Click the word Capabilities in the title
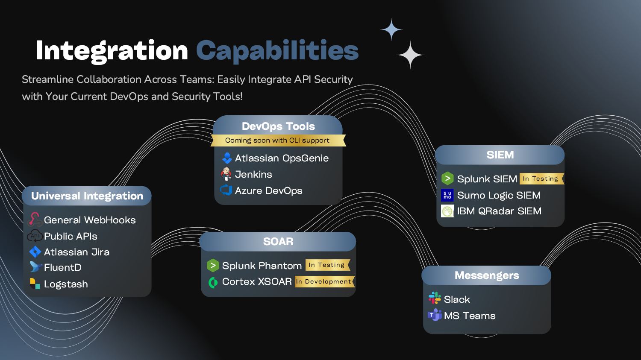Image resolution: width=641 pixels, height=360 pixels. (277, 51)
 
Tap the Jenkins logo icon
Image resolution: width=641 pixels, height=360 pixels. (226, 174)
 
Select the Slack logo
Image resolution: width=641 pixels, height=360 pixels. (435, 298)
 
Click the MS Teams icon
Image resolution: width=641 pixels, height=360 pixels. (435, 315)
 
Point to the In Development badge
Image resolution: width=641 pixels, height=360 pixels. (324, 281)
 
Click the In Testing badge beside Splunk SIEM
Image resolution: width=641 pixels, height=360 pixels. (541, 179)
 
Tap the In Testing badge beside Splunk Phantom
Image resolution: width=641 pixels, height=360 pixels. (327, 265)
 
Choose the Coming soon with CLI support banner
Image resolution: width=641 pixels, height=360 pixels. (278, 140)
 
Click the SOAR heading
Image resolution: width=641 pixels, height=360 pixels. (278, 242)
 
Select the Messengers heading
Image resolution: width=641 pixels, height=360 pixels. (487, 275)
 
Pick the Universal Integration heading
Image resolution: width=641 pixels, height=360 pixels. (87, 196)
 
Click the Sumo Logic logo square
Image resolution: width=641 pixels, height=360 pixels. (447, 195)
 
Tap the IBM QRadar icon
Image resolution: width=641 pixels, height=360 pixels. (447, 211)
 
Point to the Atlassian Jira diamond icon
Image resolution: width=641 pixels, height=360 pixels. (35, 252)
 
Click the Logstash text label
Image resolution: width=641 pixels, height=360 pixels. (66, 284)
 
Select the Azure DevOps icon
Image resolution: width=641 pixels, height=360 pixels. (226, 190)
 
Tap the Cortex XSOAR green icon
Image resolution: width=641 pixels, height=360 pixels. (213, 282)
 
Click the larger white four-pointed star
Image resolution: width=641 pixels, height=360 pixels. (410, 55)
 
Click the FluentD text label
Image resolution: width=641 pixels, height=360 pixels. (63, 268)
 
